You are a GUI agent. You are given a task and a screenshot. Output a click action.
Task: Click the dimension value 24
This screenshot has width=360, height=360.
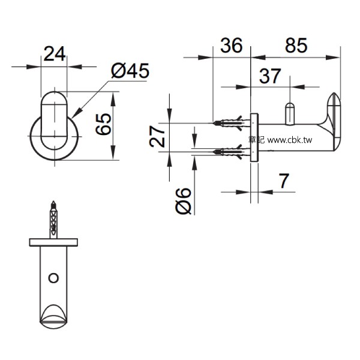pos(55,54)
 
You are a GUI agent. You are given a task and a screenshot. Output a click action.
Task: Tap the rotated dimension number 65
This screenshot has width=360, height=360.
pos(104,124)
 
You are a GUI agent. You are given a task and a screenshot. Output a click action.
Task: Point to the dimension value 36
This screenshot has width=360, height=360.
pos(231,45)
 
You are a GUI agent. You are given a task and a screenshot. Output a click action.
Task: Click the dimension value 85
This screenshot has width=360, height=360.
pos(296,45)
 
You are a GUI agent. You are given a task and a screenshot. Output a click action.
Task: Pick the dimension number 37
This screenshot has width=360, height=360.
pos(270,76)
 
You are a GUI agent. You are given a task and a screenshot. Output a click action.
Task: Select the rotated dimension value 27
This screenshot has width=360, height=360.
pos(157,136)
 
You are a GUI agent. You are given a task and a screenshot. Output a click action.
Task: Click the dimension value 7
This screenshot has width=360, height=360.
pos(284,181)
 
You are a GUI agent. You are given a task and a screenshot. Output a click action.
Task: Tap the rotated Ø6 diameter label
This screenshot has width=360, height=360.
pos(183,200)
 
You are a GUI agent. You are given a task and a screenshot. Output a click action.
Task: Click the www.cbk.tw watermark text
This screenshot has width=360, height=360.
pos(290,140)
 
